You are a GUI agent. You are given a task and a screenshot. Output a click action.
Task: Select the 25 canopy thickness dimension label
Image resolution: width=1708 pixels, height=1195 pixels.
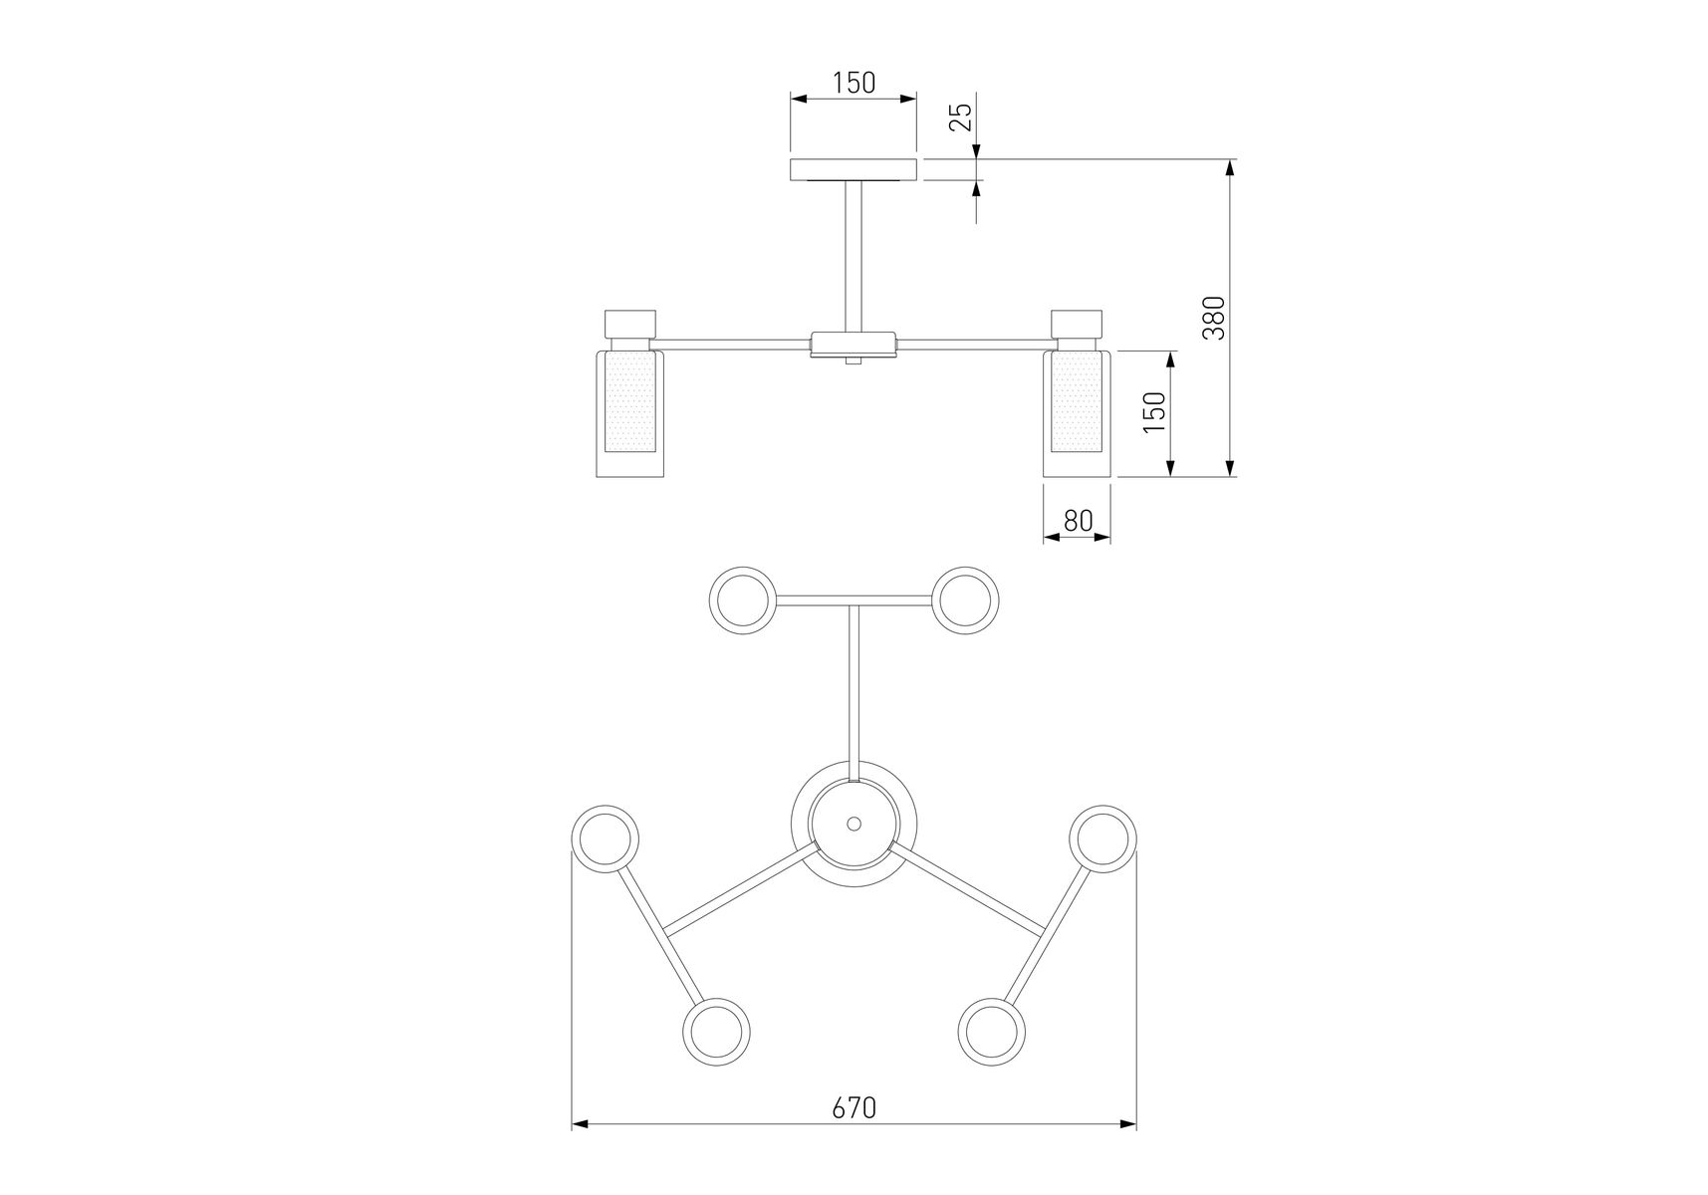[x=960, y=118]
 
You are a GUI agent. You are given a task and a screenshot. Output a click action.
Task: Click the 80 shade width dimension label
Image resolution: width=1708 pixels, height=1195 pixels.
[x=1078, y=520]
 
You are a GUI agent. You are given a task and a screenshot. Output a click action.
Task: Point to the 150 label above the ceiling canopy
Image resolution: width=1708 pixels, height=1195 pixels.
[x=854, y=82]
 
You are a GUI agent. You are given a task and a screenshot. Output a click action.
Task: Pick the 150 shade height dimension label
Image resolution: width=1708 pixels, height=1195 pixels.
[x=1153, y=411]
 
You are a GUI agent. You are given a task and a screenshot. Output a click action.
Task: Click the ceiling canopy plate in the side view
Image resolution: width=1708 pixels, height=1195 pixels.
[x=854, y=169]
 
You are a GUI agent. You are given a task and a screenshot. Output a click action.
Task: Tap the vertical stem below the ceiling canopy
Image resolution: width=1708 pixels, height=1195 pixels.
[x=854, y=256]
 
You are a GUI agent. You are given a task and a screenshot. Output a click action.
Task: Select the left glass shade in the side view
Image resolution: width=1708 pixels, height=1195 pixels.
[x=629, y=412]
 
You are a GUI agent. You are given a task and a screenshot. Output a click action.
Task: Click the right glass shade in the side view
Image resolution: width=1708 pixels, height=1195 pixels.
[x=1077, y=412]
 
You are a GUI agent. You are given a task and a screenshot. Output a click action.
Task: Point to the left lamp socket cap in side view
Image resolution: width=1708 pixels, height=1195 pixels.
[x=630, y=325]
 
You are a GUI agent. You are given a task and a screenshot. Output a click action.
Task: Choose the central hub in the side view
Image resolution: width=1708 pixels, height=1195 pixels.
[x=854, y=345]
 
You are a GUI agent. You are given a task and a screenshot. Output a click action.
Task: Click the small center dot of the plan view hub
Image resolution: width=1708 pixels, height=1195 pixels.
[x=854, y=824]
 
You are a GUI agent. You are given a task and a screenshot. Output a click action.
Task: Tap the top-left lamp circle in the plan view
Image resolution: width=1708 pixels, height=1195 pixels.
[x=742, y=599]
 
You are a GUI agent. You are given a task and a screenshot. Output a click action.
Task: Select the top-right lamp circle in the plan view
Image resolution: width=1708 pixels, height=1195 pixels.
[x=965, y=599]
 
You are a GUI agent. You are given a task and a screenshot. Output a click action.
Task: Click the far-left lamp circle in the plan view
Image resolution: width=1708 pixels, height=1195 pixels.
[x=606, y=839]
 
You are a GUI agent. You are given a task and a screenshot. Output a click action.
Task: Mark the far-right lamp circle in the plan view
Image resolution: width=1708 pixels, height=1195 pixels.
[x=1102, y=839]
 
